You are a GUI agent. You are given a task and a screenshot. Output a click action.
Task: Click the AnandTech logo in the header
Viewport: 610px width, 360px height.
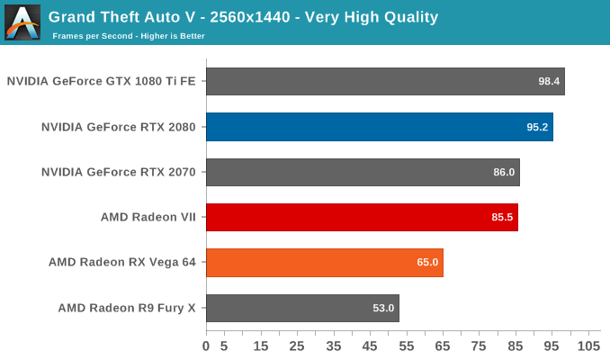click(22, 22)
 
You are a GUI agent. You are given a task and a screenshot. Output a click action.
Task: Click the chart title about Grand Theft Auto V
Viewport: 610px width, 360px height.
click(243, 16)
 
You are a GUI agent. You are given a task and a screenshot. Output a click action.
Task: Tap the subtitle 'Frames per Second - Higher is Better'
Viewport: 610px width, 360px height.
click(129, 36)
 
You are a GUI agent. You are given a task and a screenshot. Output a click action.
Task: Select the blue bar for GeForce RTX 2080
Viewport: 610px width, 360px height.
click(379, 127)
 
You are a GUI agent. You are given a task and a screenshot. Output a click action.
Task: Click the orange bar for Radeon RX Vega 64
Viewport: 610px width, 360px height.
click(324, 263)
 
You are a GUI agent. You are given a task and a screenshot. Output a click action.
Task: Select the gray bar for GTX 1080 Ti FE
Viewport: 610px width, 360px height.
click(385, 81)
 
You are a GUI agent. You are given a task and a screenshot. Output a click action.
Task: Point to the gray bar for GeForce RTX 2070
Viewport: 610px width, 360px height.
click(363, 172)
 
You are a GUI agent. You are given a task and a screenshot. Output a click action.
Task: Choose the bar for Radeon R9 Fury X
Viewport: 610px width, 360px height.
click(302, 308)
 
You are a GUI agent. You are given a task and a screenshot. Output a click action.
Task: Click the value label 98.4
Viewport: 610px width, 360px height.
click(549, 81)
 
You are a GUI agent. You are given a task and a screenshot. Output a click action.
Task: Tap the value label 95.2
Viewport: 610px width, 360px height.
click(537, 127)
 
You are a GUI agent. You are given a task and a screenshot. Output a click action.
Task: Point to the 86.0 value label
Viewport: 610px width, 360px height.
click(504, 172)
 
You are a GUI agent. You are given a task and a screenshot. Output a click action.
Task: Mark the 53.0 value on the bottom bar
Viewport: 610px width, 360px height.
click(383, 308)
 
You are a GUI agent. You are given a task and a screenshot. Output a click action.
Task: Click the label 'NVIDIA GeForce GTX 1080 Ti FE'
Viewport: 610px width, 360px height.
click(102, 81)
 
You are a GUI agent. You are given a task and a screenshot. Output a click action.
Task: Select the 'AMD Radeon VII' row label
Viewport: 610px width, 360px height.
click(148, 217)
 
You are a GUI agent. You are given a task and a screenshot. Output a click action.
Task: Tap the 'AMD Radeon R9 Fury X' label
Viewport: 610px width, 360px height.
click(127, 308)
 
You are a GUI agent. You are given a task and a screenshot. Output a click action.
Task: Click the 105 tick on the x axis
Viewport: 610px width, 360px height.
click(588, 346)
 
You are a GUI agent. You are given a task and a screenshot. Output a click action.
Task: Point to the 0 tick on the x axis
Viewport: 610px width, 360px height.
click(206, 346)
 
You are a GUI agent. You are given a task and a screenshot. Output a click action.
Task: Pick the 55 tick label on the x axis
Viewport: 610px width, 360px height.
click(407, 346)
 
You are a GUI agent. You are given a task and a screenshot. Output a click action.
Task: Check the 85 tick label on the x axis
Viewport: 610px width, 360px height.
click(516, 346)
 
